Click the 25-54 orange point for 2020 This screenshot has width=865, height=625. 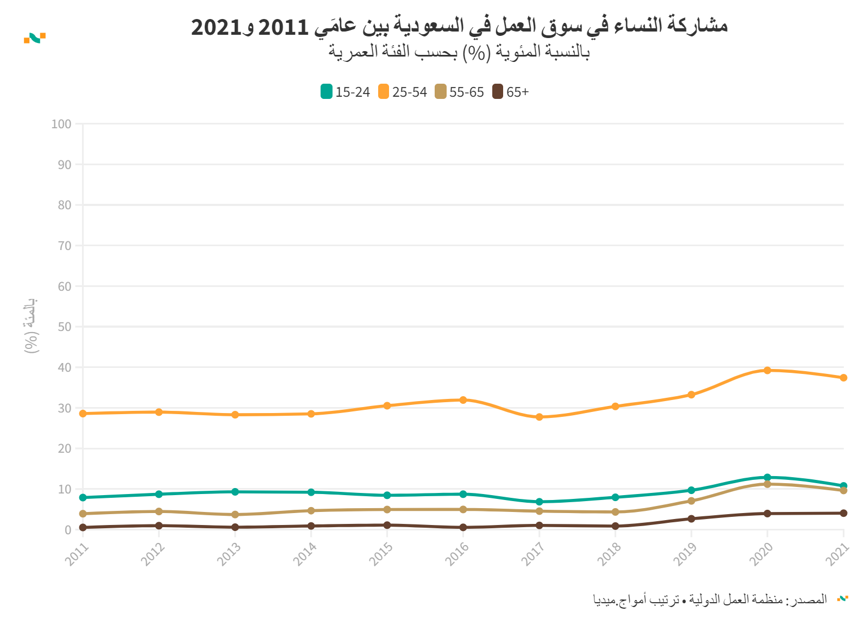pos(767,371)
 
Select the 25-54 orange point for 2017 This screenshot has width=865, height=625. pos(539,417)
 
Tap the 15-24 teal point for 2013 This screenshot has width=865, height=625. pos(235,492)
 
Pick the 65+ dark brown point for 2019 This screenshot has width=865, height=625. pos(691,519)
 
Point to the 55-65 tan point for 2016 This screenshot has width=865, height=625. pos(463,510)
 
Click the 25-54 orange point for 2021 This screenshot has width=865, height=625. pos(843,378)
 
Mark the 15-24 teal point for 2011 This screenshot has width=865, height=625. pos(83,498)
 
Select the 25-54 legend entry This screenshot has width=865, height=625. pos(403,92)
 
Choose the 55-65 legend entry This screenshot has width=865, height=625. pos(459,92)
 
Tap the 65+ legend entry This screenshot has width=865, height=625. pos(510,92)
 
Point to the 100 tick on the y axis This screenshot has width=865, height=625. pos(61,124)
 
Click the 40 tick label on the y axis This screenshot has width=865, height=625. pos(65,367)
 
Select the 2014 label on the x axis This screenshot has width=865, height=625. pos(305,555)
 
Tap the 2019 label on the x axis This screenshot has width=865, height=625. pos(685,555)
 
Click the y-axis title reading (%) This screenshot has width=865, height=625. pos(31,326)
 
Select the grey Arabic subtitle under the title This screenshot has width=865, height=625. pos(459,53)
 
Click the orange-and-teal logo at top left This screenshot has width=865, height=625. pos(35,37)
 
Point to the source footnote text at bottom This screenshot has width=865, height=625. pos(710,599)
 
